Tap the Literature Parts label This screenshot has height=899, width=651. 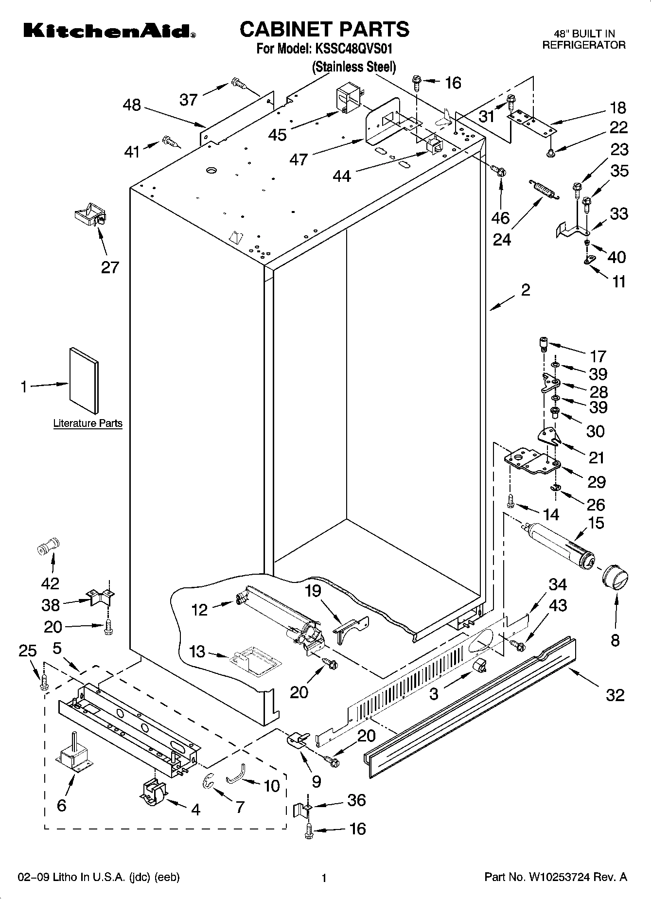tap(88, 423)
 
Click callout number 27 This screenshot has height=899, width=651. tap(110, 267)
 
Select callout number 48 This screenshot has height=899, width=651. tap(132, 105)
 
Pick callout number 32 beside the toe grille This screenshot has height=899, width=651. tap(615, 695)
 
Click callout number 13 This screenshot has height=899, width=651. tap(197, 652)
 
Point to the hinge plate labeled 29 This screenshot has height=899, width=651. tap(531, 461)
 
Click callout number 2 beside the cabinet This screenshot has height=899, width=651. tap(525, 290)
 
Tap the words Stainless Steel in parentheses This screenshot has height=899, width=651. tap(354, 67)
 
